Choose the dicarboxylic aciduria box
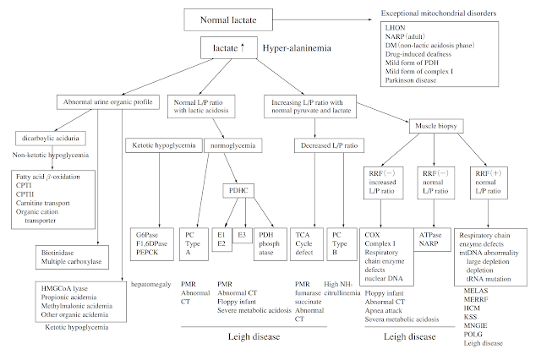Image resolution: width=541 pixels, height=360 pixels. point(49,138)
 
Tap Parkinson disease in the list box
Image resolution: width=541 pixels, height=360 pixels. point(417,90)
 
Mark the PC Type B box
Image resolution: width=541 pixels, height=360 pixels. point(340,243)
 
